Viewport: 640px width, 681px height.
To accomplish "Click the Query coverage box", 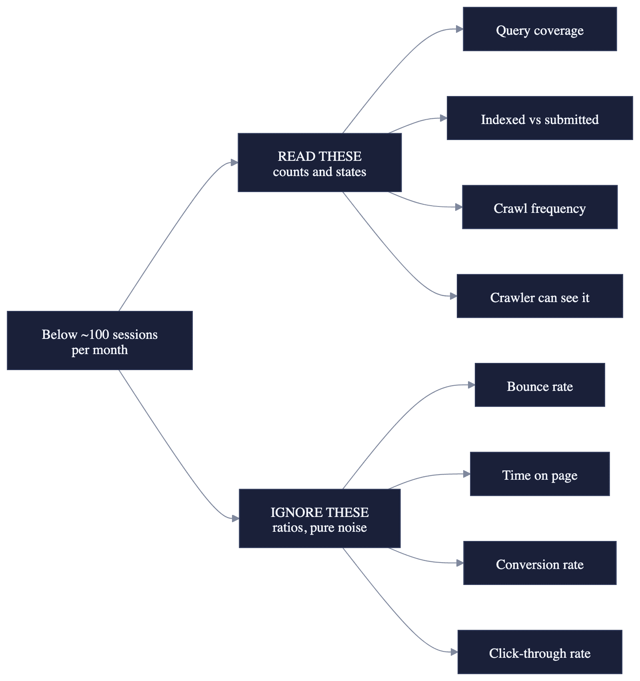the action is (540, 29).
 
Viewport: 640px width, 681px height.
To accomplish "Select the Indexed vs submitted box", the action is (540, 118).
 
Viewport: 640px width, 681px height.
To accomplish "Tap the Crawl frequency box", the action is (540, 207).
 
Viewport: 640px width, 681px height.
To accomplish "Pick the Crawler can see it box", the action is (540, 296).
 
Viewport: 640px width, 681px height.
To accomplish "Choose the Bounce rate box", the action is (540, 385).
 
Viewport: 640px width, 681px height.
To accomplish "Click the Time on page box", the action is (540, 474).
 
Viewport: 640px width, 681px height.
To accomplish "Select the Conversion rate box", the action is (540, 563).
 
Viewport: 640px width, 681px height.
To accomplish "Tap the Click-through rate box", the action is (540, 652).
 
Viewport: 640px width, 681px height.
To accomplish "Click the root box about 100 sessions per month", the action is (100, 340).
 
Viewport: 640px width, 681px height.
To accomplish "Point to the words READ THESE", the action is (320, 156).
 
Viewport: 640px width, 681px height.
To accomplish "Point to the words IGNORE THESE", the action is (320, 512).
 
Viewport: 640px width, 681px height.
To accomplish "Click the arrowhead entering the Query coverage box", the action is (460, 29).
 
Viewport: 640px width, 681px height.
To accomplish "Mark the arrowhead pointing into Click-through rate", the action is (454, 652).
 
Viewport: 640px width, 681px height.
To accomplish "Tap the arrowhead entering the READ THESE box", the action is (234, 162).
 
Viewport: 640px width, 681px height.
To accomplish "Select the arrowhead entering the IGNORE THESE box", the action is (236, 519).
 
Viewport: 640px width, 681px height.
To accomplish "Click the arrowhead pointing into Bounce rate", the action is (471, 385).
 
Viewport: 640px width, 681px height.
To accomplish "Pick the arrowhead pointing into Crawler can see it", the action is (453, 296).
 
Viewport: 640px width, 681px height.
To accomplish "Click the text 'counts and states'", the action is (320, 172).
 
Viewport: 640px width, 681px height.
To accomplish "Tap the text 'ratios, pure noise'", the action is (320, 527).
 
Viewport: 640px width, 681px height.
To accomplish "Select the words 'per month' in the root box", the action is (100, 350).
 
